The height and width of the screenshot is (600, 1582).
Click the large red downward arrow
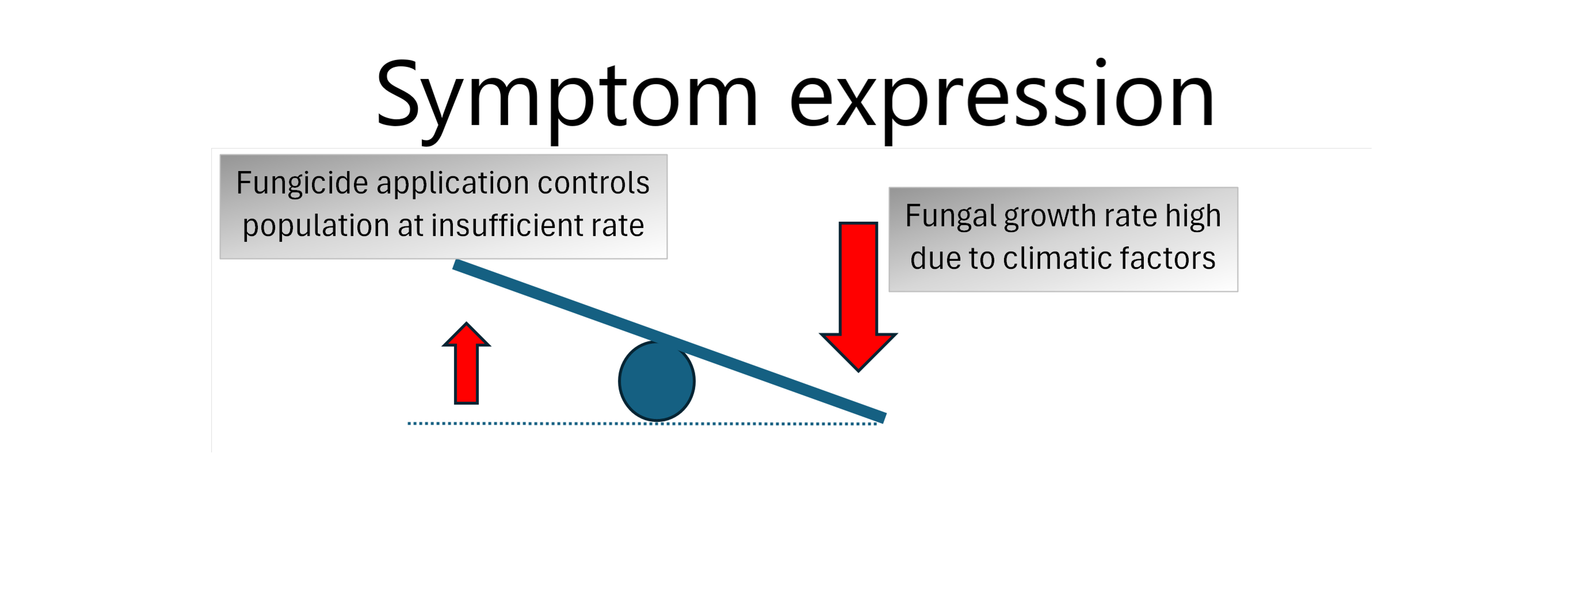click(858, 297)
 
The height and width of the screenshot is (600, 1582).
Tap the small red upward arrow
click(466, 363)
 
